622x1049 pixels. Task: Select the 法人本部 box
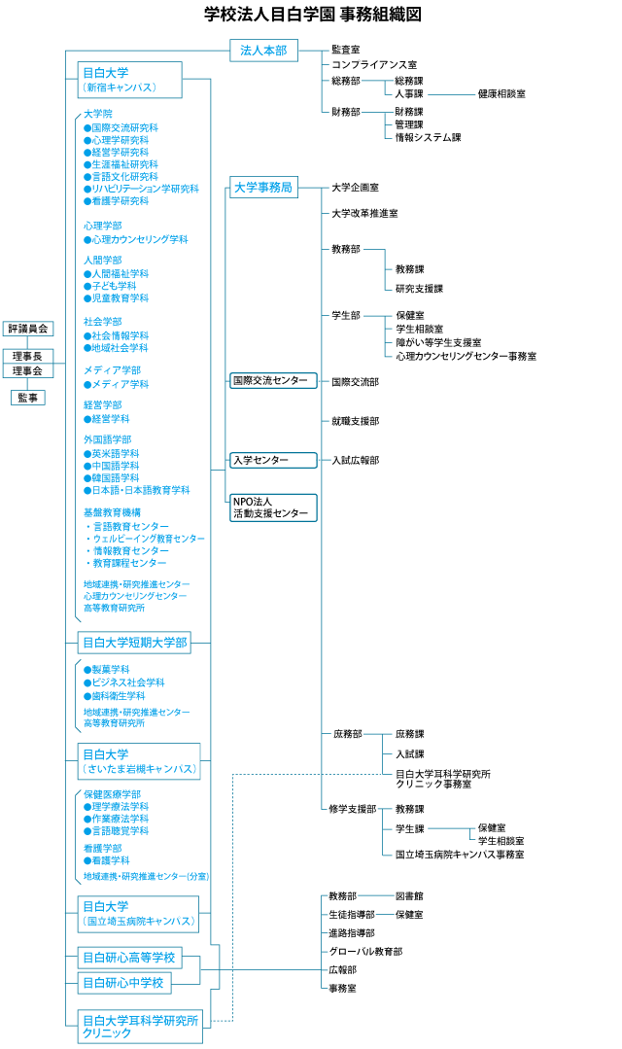tap(263, 51)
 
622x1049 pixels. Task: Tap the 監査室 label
tap(345, 49)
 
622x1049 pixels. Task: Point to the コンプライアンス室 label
tap(374, 64)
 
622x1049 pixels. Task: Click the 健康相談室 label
tap(501, 94)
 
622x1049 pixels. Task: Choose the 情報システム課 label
tap(428, 137)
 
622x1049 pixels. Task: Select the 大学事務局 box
tap(263, 188)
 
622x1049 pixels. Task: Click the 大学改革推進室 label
tap(364, 212)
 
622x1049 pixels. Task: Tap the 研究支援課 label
tap(419, 289)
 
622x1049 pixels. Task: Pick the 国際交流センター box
tap(274, 380)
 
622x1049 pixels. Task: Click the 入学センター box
tap(274, 460)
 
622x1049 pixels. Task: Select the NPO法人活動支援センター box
tap(274, 507)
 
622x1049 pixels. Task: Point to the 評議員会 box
tap(28, 329)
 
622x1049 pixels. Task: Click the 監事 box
tap(28, 397)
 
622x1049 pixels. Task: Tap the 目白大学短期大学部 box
tap(134, 642)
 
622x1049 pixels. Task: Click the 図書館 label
tap(409, 895)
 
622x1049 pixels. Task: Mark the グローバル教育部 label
tap(365, 951)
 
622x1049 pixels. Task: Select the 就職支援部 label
tap(355, 421)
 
